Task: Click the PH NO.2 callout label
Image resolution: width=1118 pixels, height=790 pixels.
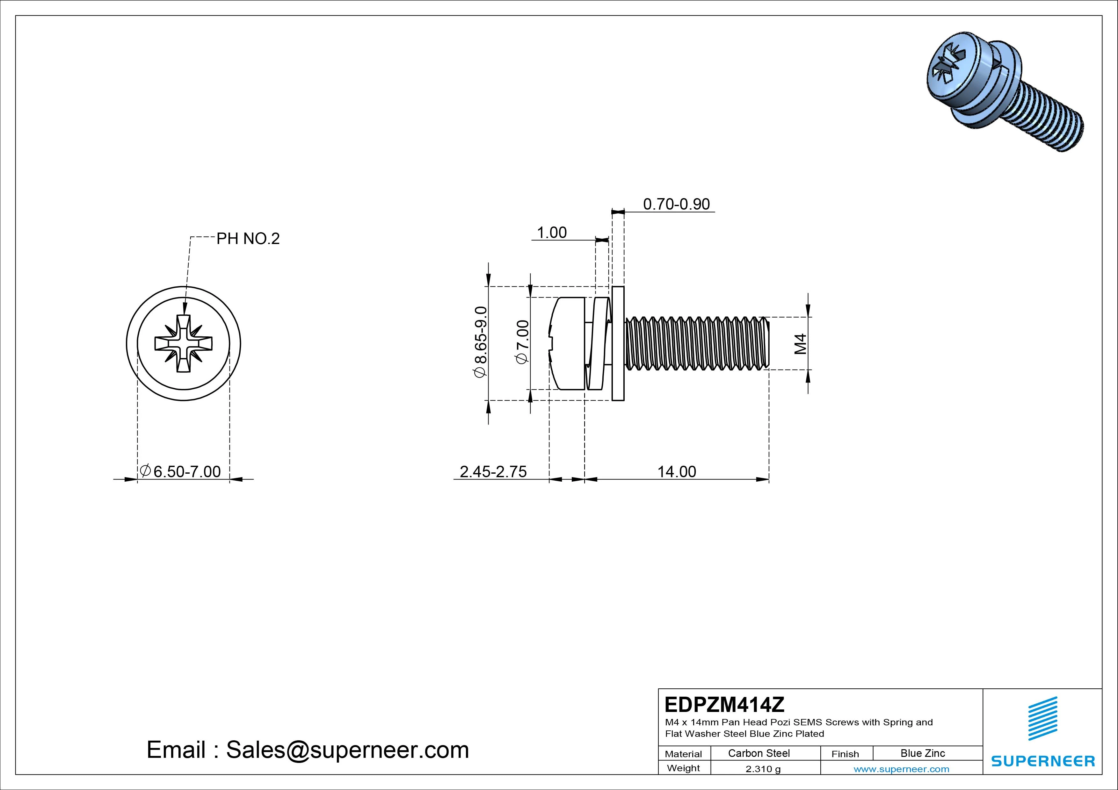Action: tap(248, 239)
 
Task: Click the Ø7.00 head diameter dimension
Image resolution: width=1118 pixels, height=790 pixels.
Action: tap(522, 342)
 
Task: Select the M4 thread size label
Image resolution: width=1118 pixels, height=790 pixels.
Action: tap(800, 344)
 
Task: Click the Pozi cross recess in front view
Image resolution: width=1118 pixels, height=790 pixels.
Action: tap(184, 344)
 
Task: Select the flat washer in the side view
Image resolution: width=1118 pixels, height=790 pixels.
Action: tap(617, 344)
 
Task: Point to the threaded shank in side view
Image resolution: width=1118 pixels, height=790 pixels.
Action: tap(696, 344)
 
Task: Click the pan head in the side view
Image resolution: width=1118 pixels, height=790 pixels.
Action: tap(567, 344)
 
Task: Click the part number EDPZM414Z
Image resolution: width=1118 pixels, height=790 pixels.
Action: tap(724, 704)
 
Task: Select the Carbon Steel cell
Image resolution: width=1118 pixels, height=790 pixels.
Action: tap(759, 753)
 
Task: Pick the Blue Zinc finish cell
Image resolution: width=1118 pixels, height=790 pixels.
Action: tap(922, 753)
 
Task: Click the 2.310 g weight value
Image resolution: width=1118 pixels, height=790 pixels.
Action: tap(763, 769)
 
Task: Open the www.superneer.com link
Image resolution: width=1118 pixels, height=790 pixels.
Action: tap(901, 769)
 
